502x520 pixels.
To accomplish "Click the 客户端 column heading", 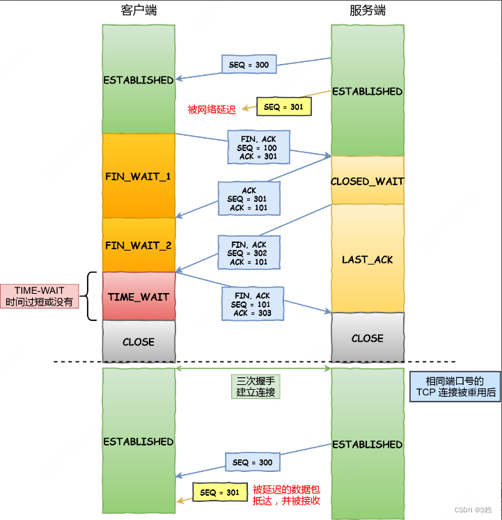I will coord(138,11).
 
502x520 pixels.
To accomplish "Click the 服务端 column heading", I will coord(367,11).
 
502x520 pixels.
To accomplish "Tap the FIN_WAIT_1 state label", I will coord(138,176).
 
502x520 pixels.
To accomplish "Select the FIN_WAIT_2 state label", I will coord(138,245).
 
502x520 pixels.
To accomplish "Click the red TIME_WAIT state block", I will coord(138,297).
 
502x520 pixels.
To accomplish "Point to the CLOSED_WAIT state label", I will coord(367,181).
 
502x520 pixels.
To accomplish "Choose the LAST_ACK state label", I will coord(367,260).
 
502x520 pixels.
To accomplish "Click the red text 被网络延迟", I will coord(212,109).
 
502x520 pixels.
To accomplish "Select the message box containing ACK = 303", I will coord(253,304).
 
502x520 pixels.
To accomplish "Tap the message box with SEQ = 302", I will coord(249,253).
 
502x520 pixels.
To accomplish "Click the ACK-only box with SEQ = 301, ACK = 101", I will coord(249,199).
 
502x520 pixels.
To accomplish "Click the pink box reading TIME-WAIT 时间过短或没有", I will coord(39,297).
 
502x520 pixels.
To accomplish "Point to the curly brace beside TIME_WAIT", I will coord(91,297).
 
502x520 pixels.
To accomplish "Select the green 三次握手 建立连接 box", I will coord(256,387).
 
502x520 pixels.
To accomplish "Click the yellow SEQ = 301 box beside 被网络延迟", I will coord(283,107).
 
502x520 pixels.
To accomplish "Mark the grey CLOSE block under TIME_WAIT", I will coord(138,342).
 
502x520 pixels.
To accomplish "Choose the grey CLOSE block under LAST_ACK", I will coord(367,338).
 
